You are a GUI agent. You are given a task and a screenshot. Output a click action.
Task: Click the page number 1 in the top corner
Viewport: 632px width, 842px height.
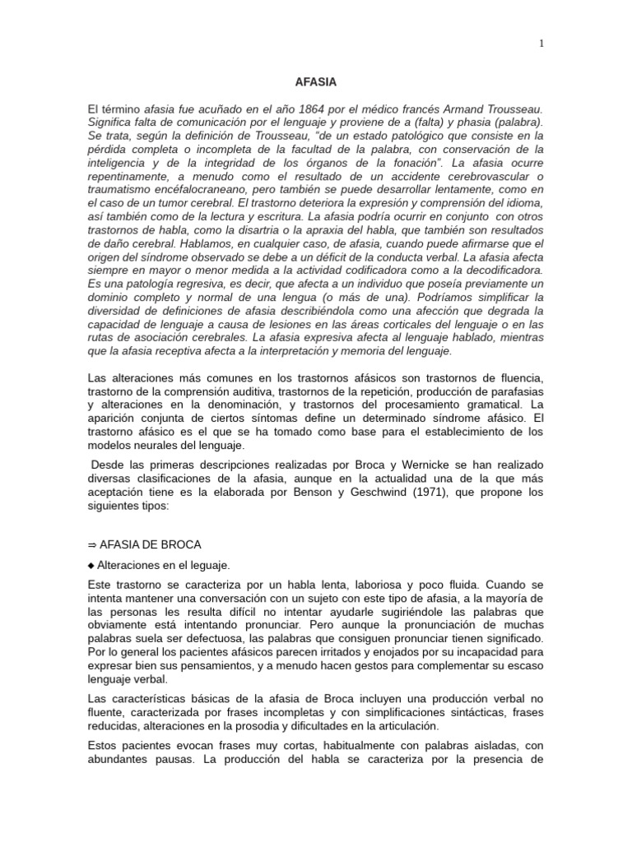(541, 44)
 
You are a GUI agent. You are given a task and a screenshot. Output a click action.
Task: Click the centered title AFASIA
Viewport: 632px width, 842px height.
(315, 82)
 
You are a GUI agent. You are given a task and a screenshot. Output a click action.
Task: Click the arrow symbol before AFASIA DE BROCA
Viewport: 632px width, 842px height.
(91, 545)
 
